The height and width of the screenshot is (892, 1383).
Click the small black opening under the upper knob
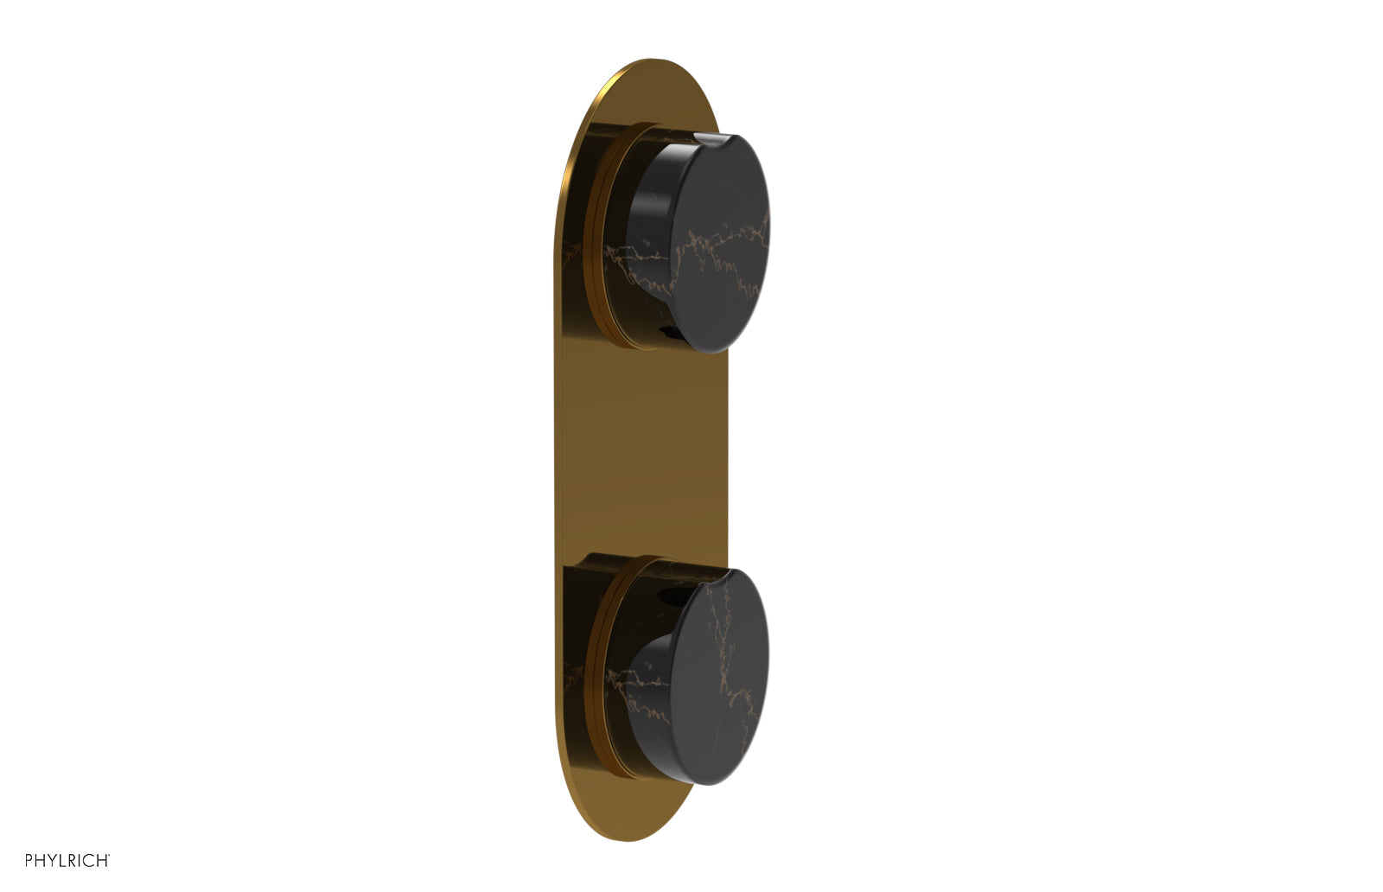(668, 329)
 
